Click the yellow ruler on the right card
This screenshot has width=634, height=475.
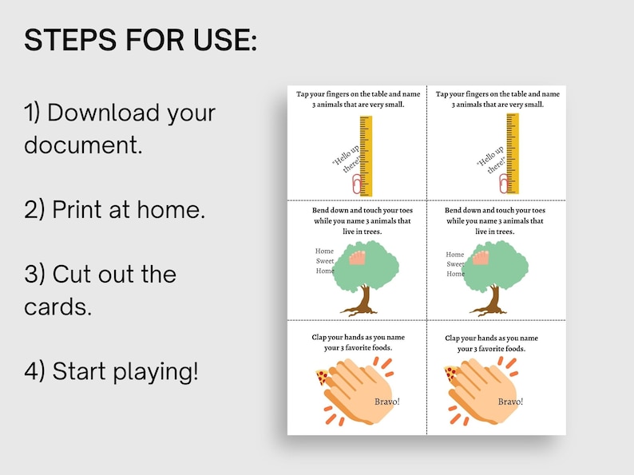coord(512,152)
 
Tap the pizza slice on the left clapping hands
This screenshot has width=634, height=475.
coord(322,376)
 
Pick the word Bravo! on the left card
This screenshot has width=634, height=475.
coord(386,401)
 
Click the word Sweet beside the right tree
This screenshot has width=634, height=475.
coord(455,263)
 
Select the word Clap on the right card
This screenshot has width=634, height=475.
coord(454,338)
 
